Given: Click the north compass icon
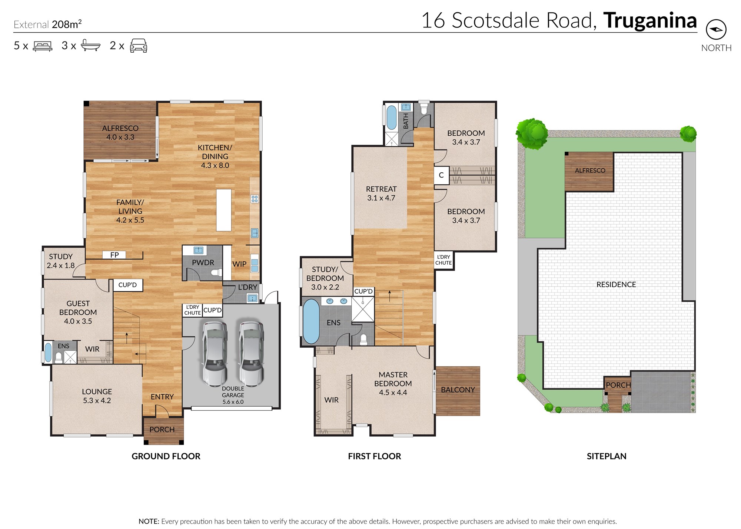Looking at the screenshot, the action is coord(716,30).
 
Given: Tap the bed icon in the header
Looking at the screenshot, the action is coord(43,46).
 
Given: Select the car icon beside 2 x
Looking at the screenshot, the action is coord(139,46).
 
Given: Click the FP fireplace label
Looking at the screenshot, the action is coord(114,255).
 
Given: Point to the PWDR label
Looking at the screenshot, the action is coord(203,262).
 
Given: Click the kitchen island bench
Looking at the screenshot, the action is coord(224,210).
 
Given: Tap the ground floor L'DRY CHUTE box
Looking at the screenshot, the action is coord(193,310).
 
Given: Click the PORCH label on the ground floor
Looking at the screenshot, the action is coord(162,429).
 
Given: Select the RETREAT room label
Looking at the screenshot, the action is coord(381,189).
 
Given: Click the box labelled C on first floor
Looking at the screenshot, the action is coord(441,175).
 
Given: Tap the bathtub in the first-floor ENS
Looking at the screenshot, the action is coord(311,321).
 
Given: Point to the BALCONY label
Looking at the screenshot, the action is coord(458,390).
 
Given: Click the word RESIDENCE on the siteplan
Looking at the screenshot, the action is coord(616,284).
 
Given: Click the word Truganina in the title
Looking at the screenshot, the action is coord(650,20).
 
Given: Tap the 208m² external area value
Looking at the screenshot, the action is coord(67,24).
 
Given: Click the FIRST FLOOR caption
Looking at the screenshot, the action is coord(375,456).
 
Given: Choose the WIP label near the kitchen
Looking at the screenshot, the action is coord(239,264).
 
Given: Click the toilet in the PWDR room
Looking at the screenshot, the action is coord(216,273).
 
